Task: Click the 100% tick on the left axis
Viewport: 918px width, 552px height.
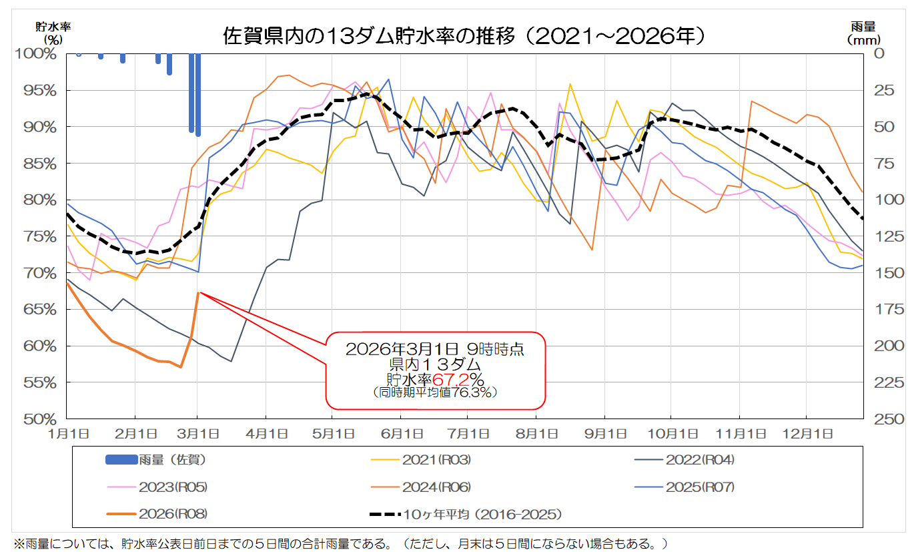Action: tap(35, 53)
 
